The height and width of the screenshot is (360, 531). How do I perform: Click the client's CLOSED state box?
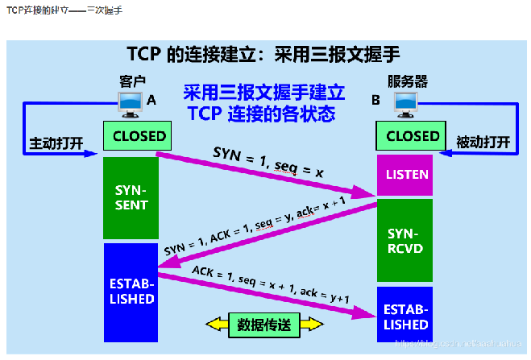139,136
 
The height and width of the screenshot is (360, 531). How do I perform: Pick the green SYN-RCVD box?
405,240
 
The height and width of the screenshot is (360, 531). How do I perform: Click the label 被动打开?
483,143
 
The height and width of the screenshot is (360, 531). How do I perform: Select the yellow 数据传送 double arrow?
264,325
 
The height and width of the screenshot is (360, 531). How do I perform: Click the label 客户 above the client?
132,81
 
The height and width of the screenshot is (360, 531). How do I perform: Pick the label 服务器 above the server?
407,81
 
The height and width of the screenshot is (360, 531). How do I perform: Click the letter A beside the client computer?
151,100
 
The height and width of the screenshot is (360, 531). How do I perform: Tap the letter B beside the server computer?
375,101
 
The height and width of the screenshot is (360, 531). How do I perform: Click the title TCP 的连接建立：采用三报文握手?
263,54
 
